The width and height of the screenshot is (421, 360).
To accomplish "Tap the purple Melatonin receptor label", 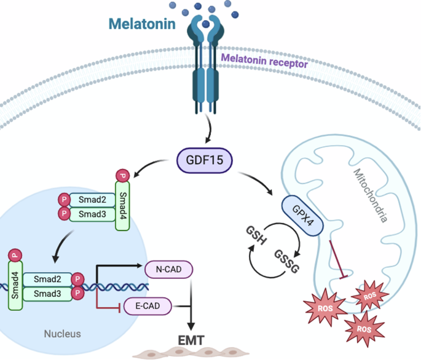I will click(x=264, y=60).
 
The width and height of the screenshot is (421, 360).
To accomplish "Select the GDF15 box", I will click(x=205, y=162).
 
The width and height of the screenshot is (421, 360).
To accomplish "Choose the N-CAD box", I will click(x=168, y=268).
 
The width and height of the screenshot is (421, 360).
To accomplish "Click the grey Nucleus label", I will click(x=62, y=334).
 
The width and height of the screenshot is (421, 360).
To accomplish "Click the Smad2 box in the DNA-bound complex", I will click(x=47, y=279).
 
